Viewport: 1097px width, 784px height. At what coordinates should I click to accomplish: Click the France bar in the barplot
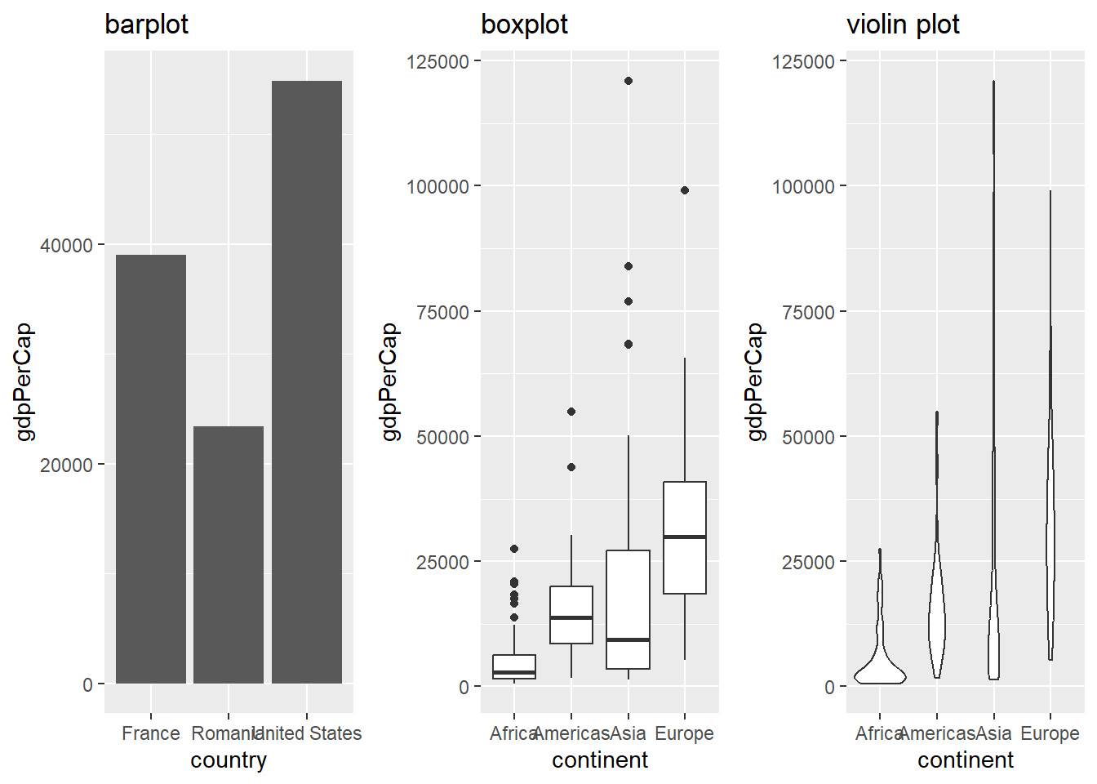point(151,469)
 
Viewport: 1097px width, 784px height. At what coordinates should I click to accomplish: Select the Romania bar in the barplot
point(229,555)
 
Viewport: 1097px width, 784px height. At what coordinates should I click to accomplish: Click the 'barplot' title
point(146,24)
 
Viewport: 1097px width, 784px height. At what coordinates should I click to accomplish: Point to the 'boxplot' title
point(524,24)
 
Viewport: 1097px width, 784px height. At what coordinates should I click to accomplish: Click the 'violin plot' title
point(903,24)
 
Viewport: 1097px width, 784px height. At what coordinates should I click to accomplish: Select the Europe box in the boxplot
point(685,537)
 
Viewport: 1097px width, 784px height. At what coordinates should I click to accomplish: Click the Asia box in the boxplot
point(628,609)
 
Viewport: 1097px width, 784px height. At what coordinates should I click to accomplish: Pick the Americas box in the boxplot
point(571,615)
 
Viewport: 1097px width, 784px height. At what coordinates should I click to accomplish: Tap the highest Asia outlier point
point(628,81)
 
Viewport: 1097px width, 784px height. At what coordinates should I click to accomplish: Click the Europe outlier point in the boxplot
point(685,190)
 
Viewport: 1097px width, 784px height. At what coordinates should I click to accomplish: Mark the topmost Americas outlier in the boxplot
point(571,412)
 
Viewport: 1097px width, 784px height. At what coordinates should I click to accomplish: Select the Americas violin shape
point(937,621)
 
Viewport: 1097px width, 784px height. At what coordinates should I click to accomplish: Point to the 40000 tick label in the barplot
point(66,245)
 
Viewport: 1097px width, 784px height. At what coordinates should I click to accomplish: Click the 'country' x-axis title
point(229,760)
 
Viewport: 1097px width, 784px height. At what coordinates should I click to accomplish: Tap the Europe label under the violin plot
point(1050,733)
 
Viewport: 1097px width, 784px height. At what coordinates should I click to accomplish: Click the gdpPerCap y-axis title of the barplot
point(24,381)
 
